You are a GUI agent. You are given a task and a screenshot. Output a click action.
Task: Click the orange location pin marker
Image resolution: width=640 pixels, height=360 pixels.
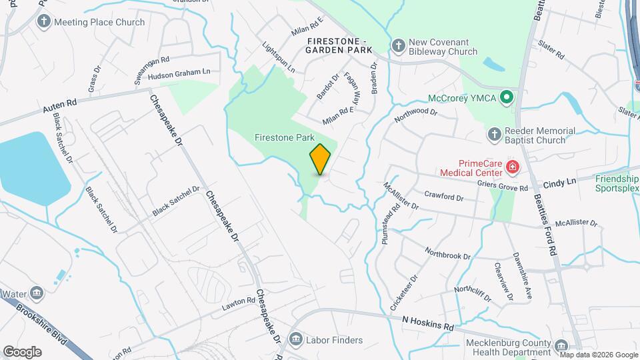point(320,159)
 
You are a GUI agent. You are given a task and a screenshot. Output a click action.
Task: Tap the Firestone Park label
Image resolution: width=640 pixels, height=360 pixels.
point(284,137)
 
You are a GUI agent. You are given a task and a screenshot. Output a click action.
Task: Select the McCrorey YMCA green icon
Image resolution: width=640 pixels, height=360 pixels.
point(507,97)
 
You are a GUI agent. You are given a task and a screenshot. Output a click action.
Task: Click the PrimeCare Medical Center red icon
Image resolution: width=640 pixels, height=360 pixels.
point(513,167)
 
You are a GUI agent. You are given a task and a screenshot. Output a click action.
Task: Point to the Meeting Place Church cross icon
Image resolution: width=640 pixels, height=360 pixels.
point(44,22)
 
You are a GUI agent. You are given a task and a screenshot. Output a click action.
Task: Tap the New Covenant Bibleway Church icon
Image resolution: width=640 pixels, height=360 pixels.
point(398,45)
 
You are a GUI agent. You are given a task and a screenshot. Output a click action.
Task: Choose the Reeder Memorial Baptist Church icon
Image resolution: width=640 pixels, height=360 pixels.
point(494,135)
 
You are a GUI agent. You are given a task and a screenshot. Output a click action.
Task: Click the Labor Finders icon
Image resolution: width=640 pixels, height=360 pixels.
point(296,340)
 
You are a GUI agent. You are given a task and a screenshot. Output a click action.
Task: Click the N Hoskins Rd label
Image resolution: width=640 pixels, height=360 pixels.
point(428,321)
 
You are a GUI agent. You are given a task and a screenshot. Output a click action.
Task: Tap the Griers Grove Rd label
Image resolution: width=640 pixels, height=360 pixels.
point(503,186)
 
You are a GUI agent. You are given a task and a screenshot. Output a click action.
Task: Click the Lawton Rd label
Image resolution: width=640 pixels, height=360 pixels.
point(239,305)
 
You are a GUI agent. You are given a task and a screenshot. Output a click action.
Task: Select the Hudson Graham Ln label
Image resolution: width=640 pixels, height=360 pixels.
point(179,74)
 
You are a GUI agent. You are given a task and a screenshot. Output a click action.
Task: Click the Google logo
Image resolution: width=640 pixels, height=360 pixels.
point(22,351)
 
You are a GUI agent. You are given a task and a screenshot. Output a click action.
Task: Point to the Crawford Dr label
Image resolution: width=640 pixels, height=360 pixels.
point(443,197)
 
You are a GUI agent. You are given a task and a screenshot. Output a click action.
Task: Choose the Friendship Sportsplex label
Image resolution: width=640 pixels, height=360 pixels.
point(617,183)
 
